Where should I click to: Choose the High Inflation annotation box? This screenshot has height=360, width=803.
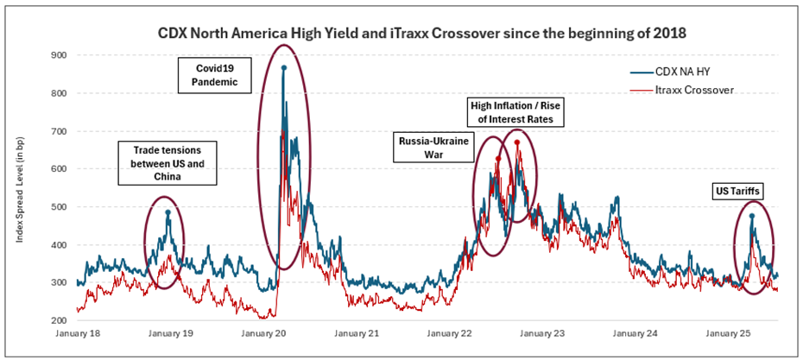pyautogui.click(x=515, y=111)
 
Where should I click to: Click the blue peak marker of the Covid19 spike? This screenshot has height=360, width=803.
pyautogui.click(x=283, y=67)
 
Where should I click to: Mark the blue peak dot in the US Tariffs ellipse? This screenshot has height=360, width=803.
pyautogui.click(x=752, y=216)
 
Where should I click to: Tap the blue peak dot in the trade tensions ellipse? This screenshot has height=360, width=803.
pyautogui.click(x=168, y=212)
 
